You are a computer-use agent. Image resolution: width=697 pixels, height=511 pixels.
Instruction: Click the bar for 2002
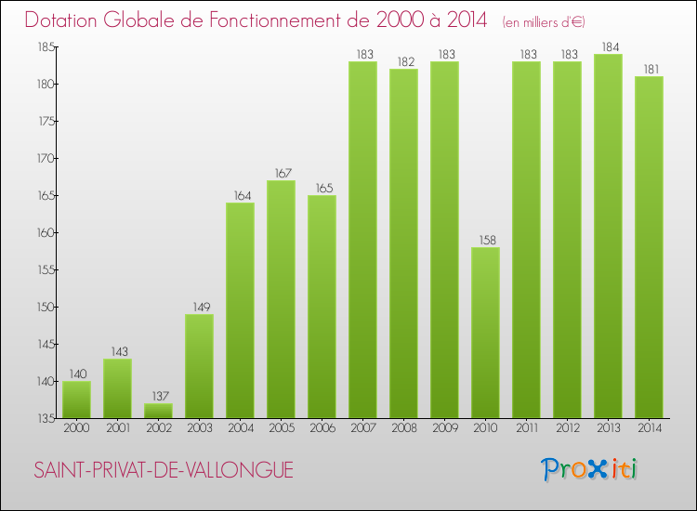click(158, 411)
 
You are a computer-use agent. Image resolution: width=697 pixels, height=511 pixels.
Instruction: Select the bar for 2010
click(485, 333)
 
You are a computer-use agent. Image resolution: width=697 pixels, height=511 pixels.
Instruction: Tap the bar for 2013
click(608, 236)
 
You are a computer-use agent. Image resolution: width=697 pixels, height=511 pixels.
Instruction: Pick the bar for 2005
click(281, 299)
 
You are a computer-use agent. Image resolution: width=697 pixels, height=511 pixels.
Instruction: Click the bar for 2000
click(76, 400)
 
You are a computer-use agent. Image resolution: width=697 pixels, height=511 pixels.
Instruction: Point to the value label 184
click(608, 46)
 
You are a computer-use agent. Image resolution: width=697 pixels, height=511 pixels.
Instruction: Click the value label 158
click(485, 240)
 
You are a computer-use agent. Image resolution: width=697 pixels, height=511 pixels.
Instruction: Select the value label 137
click(158, 396)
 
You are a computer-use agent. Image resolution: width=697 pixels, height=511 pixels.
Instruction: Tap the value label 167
click(281, 173)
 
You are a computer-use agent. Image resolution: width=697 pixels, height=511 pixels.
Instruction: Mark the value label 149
click(199, 307)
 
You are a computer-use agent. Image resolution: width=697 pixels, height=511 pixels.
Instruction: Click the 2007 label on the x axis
click(362, 428)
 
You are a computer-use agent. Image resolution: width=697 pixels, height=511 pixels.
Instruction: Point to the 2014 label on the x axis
click(649, 428)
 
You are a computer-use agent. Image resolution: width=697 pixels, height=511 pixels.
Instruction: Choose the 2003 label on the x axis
click(199, 428)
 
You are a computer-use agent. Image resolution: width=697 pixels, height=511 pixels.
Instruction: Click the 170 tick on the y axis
click(46, 159)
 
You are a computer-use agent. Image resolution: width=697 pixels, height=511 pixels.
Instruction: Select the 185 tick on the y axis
click(46, 47)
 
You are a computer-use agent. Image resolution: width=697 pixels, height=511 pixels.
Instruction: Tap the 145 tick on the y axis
click(46, 345)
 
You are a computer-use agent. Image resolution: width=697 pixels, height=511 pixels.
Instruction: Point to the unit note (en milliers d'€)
click(544, 21)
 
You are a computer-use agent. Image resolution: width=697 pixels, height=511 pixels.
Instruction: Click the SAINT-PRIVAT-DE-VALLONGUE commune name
click(164, 471)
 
